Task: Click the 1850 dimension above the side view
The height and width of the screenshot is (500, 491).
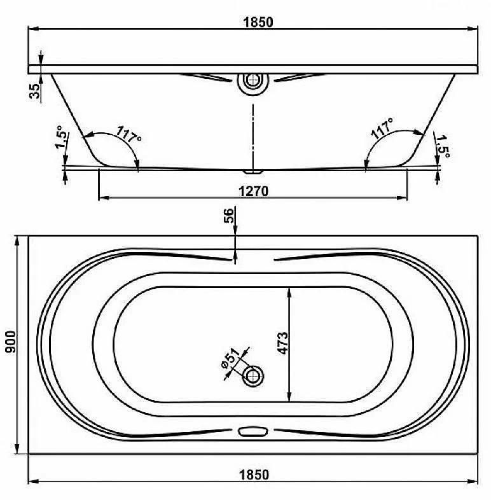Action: coord(258,22)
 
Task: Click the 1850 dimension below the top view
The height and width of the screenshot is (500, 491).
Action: coord(254,475)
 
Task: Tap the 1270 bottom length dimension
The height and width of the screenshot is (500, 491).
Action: coord(254,191)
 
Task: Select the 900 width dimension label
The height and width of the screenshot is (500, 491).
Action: coord(11,342)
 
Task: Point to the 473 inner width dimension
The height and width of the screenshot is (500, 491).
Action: coord(282,343)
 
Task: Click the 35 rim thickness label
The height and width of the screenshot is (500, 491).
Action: coord(35,90)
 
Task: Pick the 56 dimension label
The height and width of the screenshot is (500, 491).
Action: coord(228,215)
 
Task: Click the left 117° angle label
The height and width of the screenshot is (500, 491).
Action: coord(128,135)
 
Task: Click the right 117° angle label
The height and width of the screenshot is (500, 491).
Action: coord(382,128)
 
